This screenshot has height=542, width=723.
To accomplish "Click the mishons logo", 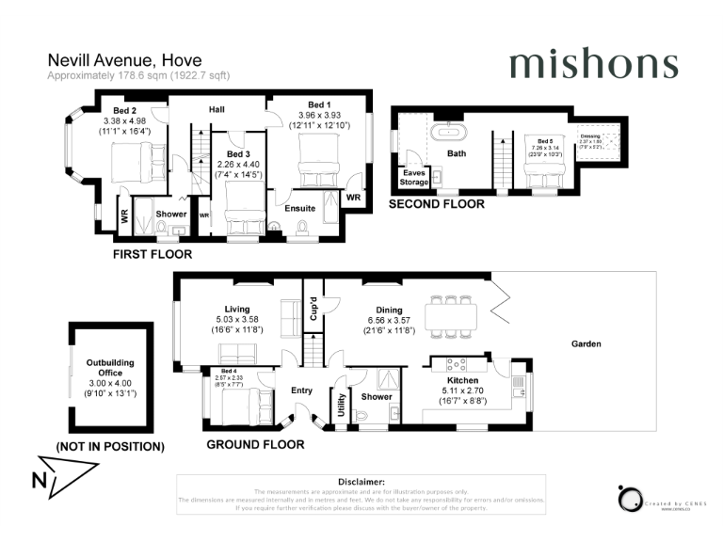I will [593, 64].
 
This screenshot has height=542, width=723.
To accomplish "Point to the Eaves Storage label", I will [414, 177].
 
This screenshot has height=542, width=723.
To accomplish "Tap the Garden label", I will [586, 344].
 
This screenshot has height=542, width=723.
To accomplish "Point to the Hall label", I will [217, 110].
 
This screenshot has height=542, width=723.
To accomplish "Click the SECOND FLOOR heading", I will [437, 204].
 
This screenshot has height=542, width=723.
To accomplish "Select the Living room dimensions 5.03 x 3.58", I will [236, 319].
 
